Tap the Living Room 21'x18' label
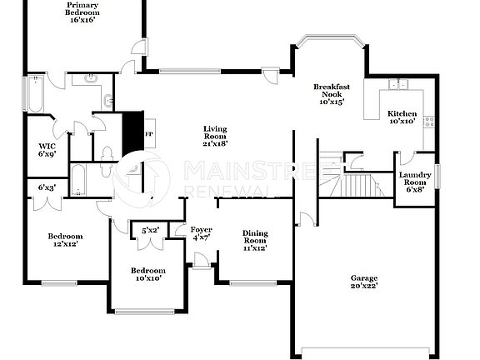click(x=214, y=134)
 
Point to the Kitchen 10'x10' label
click(x=402, y=117)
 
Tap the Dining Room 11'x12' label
click(x=254, y=241)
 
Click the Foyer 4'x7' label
click(x=201, y=233)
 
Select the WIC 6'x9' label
click(x=46, y=150)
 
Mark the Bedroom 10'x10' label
click(x=147, y=275)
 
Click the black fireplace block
click(x=132, y=132)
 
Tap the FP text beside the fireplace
click(x=149, y=133)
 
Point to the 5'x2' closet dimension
click(x=151, y=229)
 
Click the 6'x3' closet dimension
click(x=47, y=187)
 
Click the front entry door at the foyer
click(x=200, y=265)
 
